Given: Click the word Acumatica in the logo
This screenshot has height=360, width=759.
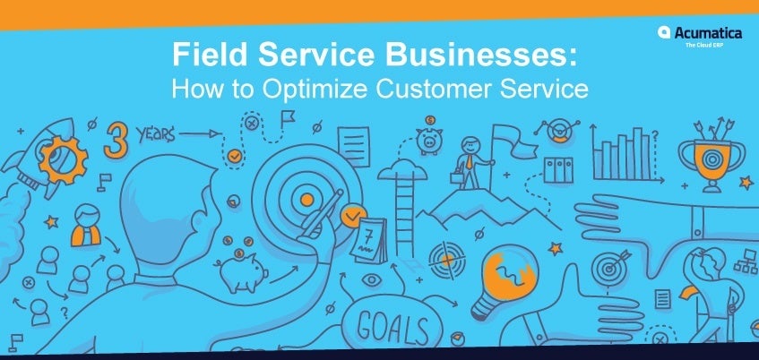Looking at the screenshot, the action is [707, 33].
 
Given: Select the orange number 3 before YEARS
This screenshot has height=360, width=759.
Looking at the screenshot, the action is [116, 140].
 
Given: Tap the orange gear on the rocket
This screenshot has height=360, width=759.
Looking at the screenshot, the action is [64, 159].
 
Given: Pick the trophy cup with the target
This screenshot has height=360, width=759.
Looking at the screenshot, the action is [711, 160].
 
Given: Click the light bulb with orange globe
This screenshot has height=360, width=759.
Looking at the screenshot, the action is [505, 279].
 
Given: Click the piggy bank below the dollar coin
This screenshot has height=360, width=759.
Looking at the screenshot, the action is [429, 141].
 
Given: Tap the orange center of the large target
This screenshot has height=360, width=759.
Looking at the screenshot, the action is [306, 200].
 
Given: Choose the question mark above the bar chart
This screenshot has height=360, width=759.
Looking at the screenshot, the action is [655, 135].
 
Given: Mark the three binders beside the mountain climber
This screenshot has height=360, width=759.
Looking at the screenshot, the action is [558, 170].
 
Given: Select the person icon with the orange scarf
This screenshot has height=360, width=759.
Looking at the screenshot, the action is [86, 226].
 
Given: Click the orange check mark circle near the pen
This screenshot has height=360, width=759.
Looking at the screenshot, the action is [353, 216].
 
